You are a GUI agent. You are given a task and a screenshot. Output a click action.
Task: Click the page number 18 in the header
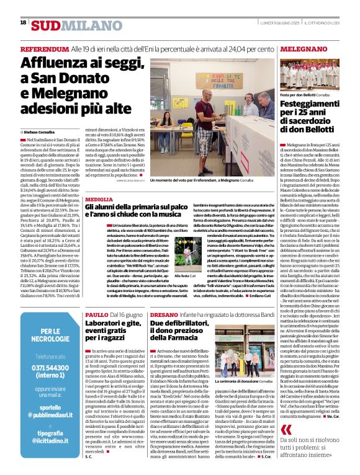click(23, 23)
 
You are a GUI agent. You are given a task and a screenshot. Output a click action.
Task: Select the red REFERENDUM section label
click(44, 48)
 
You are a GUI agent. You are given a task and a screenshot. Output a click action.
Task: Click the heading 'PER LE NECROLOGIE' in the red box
click(52, 335)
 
